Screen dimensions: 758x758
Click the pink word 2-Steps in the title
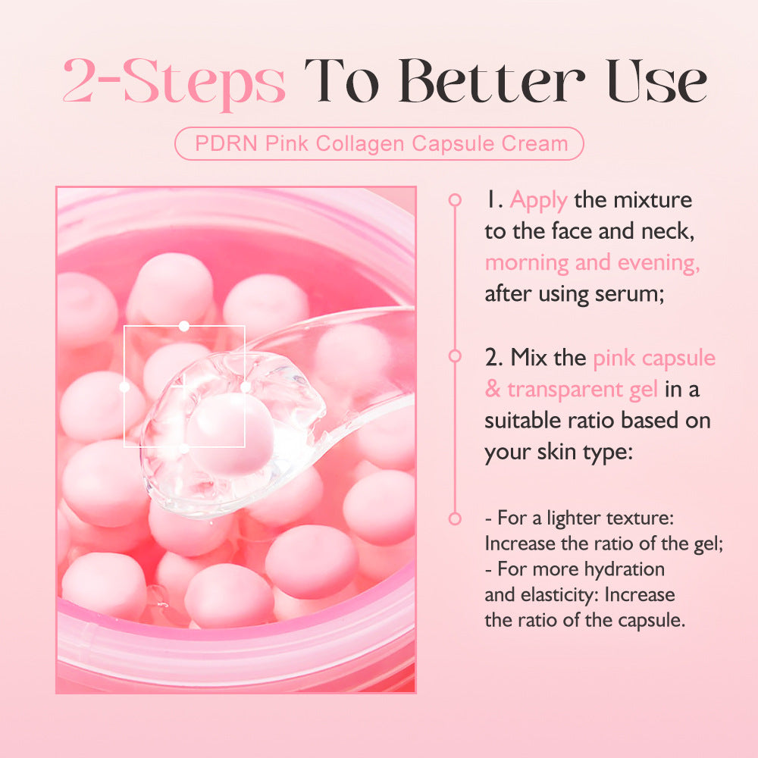click(x=174, y=82)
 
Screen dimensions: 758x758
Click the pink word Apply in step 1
click(x=538, y=200)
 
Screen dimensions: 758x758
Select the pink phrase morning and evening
click(x=592, y=263)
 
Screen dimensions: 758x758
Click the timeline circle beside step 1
click(x=455, y=200)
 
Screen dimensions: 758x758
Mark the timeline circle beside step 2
click(x=455, y=356)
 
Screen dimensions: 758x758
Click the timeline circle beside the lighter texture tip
click(x=455, y=519)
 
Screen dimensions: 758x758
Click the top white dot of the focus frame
click(x=183, y=326)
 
